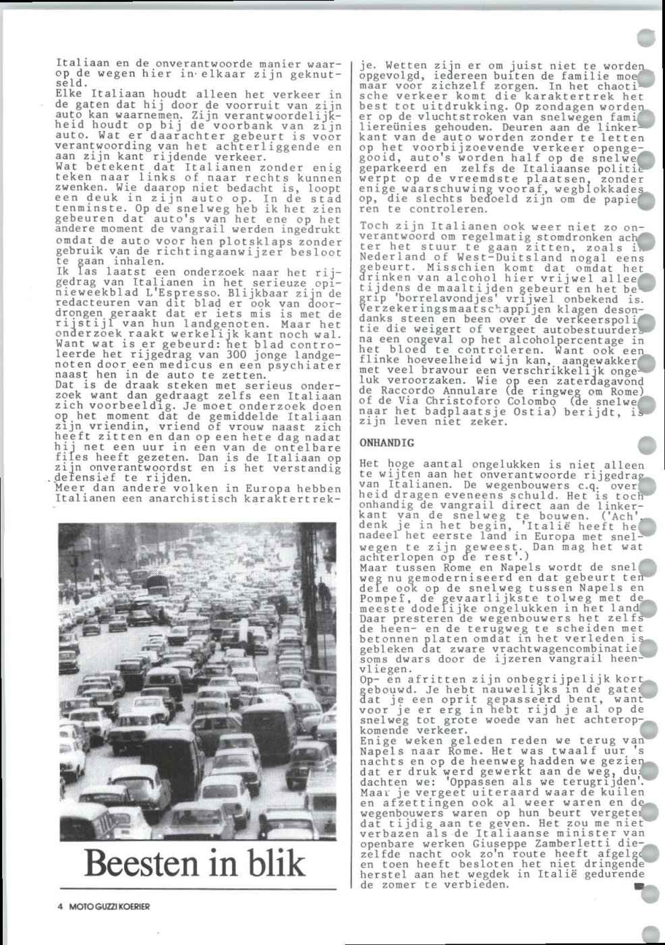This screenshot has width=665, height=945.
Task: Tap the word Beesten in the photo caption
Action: [x=142, y=863]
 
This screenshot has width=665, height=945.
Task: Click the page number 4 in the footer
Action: [x=60, y=907]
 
